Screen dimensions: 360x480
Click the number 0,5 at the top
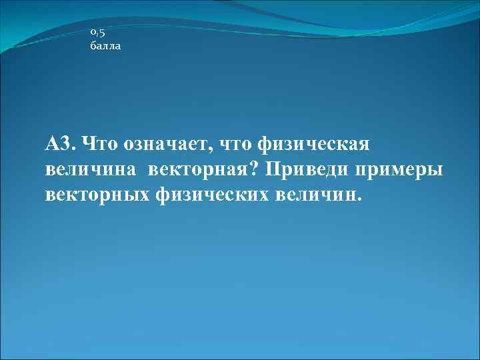[97, 32]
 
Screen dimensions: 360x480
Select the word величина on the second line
[91, 170]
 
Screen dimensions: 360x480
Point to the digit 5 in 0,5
[102, 32]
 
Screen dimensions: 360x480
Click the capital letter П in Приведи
[273, 169]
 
